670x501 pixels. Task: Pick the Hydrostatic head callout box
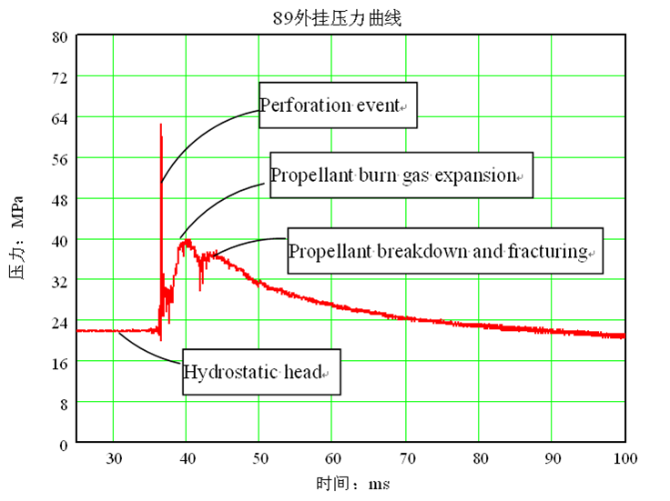pos(260,372)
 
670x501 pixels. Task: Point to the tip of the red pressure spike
pos(161,124)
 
